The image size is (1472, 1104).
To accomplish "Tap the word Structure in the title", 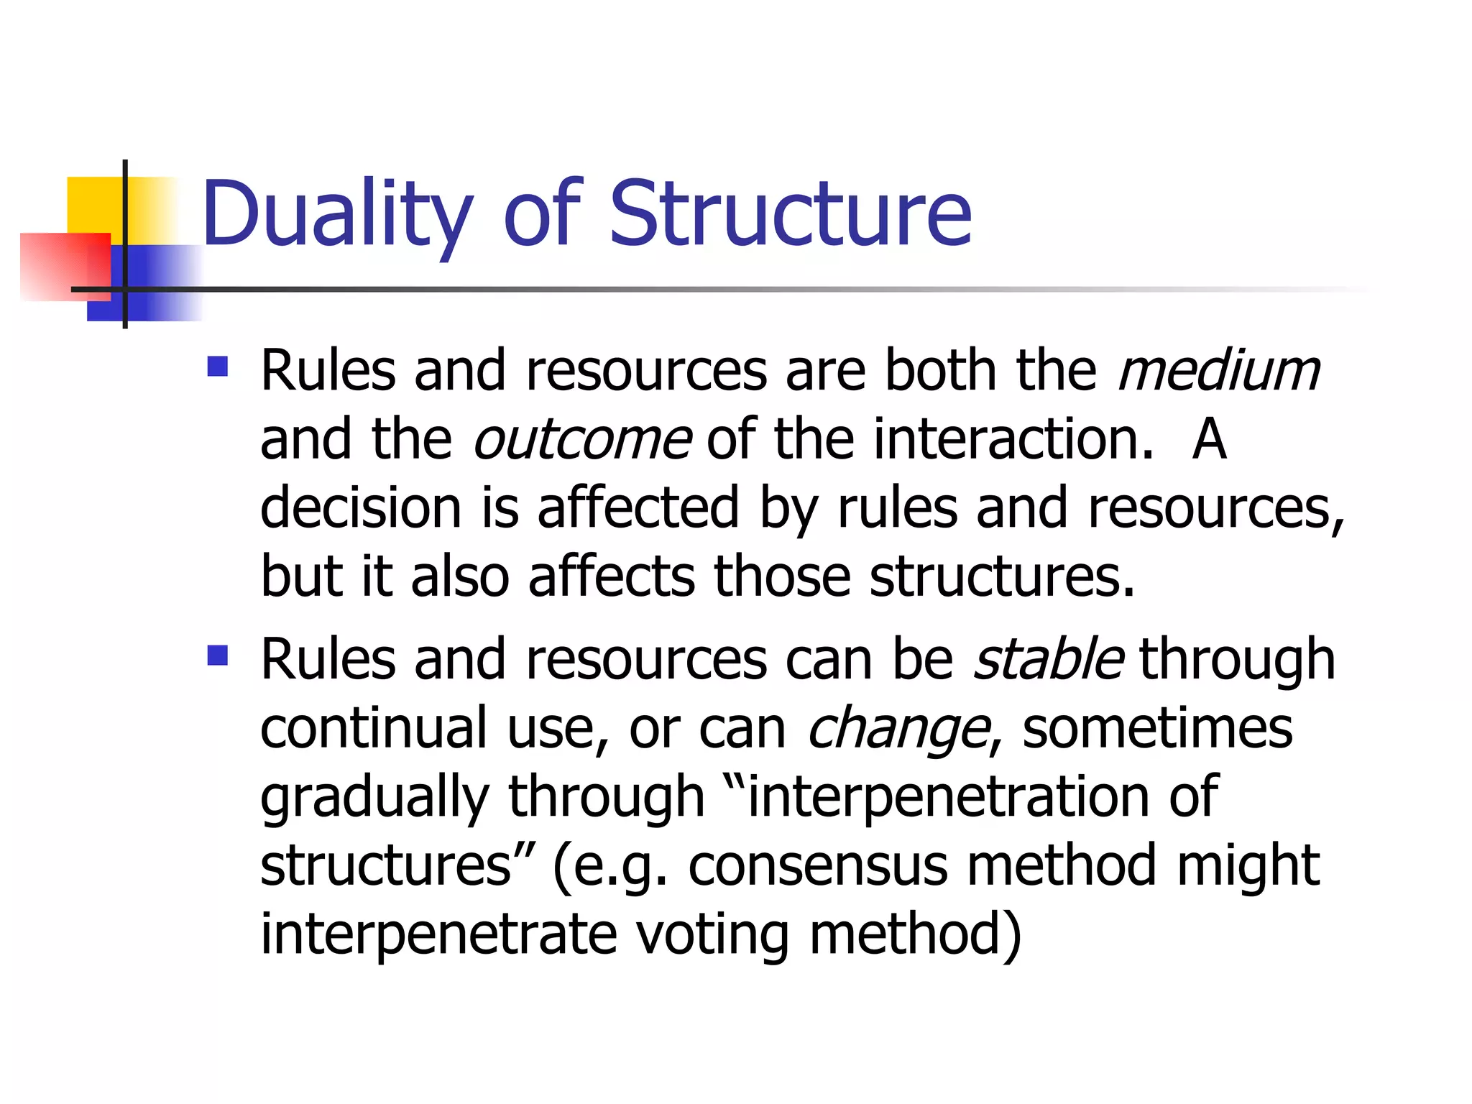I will (x=790, y=213).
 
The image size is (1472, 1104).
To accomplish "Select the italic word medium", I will (x=1219, y=371).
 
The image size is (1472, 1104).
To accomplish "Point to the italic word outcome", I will (x=582, y=440).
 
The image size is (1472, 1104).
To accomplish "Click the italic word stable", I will (x=1048, y=659).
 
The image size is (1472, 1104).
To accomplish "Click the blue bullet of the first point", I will (x=217, y=367).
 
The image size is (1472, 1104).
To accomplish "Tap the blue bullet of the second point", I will (x=217, y=655).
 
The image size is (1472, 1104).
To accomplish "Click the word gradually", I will (x=374, y=799).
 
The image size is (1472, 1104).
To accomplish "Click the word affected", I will (x=638, y=508).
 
